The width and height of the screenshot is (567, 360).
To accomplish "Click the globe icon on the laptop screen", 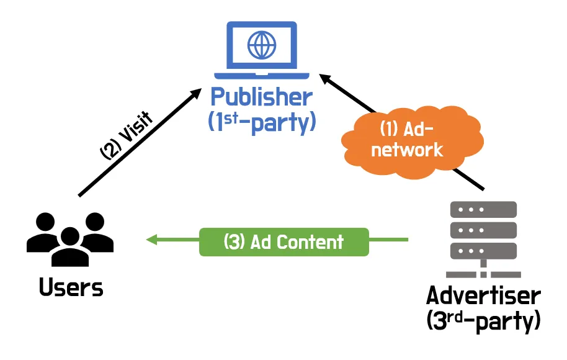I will point(262,44).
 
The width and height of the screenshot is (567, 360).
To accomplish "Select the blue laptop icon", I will point(262,50).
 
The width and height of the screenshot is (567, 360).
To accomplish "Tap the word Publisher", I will point(261,97).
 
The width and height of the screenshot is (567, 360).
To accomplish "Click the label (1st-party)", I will point(261,122).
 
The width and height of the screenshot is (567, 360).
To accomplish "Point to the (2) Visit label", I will point(127,136).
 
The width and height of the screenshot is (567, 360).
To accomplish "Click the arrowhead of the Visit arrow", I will point(197,92).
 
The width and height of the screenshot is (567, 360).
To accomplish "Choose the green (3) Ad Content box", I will point(283,241).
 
